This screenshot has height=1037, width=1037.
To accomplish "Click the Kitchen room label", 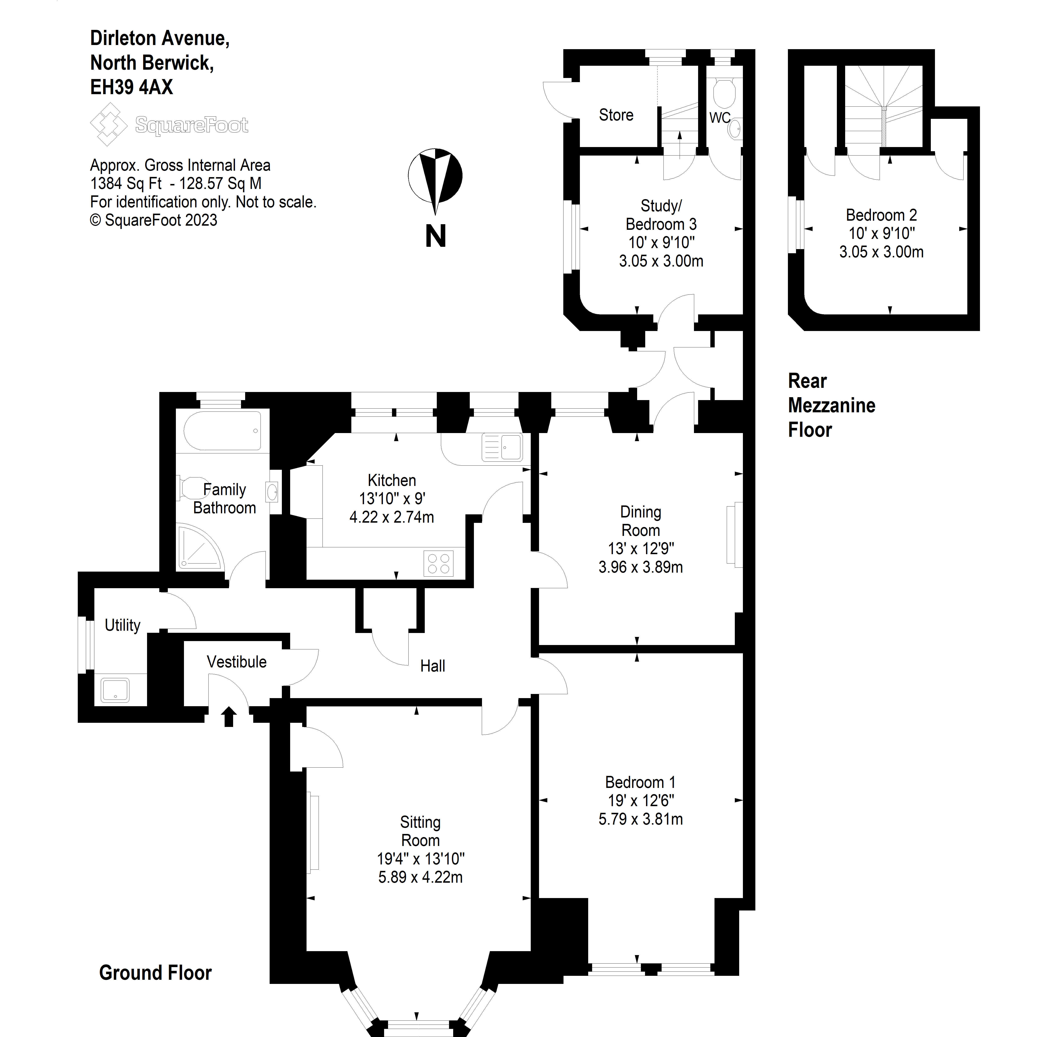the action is click(392, 480).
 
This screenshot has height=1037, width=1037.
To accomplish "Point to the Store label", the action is click(616, 115).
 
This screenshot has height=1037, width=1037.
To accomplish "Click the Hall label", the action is click(433, 666).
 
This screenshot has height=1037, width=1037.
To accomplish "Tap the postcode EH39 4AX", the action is click(131, 87).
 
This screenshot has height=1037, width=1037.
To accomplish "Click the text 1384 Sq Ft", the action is click(126, 184).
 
